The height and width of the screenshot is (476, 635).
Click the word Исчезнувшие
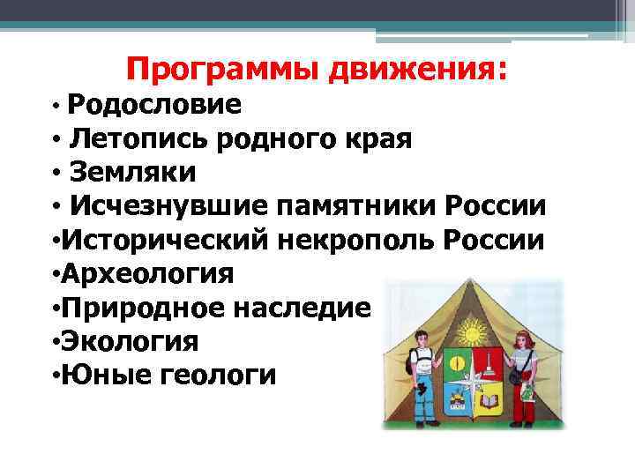[168, 206]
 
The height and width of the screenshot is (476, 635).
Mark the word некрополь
[354, 240]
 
